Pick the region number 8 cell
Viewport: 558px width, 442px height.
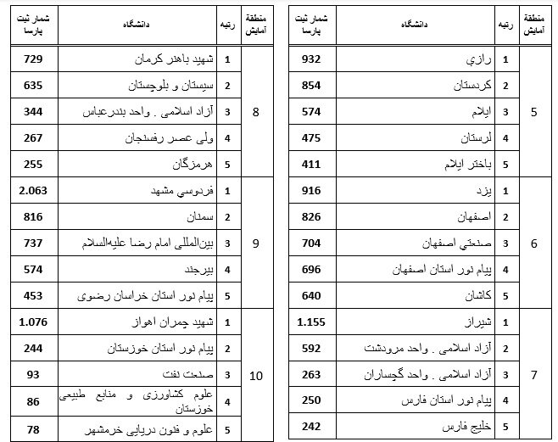coord(256,112)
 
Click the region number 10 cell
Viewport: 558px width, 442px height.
coord(256,375)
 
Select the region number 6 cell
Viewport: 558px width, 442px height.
coord(533,243)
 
